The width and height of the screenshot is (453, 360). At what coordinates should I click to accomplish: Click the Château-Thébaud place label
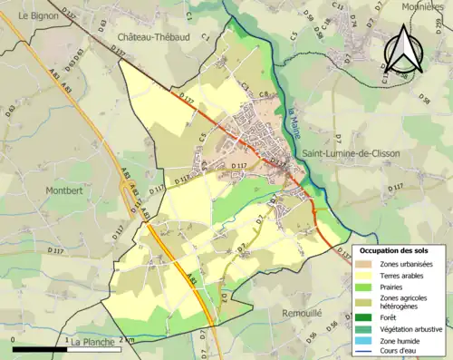coord(152,35)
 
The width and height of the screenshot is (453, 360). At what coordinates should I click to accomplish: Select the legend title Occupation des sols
coord(398,250)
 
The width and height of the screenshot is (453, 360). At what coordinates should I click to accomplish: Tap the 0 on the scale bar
coord(13,342)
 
